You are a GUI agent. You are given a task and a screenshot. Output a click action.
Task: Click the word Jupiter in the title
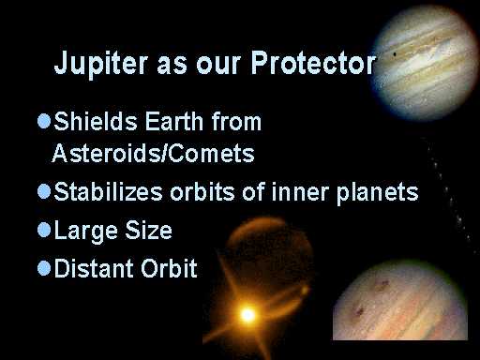click(x=101, y=64)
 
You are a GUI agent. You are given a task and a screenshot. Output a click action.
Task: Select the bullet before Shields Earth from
click(x=44, y=121)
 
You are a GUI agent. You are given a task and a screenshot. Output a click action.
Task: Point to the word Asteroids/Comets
click(x=153, y=153)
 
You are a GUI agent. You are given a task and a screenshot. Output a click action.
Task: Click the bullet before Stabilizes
click(x=44, y=191)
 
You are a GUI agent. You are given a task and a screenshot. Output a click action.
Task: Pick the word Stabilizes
click(x=108, y=191)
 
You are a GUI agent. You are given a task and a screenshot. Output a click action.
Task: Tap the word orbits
click(x=202, y=191)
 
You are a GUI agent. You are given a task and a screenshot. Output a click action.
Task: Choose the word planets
click(x=377, y=194)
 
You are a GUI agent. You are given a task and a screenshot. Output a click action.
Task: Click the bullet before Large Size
click(x=44, y=231)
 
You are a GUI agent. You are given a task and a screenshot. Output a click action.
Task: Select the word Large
click(x=86, y=232)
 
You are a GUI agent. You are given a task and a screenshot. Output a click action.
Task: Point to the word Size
click(x=148, y=230)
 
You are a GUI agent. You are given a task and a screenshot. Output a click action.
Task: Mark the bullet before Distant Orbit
click(x=44, y=268)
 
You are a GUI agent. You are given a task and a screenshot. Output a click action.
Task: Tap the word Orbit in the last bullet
click(x=169, y=268)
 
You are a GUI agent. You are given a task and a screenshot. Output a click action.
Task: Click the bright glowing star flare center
click(x=248, y=314)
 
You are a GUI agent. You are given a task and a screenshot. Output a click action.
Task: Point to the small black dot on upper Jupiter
click(x=395, y=54)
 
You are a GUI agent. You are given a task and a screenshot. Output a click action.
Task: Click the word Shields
click(x=96, y=121)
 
